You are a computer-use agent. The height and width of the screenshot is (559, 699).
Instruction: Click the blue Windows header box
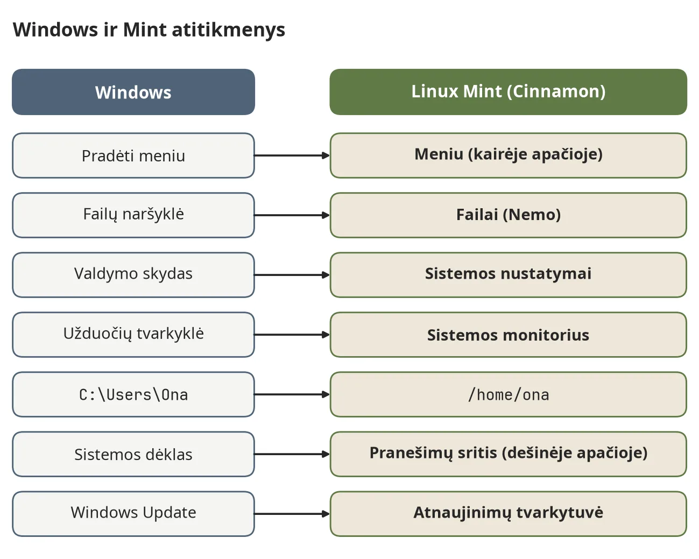(133, 92)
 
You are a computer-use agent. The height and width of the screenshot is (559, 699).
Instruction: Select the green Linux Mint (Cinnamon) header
(509, 92)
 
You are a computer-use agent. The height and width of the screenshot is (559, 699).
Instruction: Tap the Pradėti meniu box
(133, 155)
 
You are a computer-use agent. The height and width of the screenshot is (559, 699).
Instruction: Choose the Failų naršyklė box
(133, 215)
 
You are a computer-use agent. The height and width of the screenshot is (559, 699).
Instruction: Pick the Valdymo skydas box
(133, 275)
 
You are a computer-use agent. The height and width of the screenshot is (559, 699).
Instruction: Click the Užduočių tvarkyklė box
(133, 335)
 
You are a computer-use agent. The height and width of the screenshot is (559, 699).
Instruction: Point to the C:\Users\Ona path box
(133, 395)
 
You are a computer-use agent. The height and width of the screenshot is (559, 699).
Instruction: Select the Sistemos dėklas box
(133, 455)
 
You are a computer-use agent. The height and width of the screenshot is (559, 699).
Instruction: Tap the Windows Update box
(133, 514)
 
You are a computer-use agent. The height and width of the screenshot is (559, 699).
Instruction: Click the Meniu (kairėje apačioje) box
(509, 155)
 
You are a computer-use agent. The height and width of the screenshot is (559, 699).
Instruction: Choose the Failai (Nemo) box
(509, 215)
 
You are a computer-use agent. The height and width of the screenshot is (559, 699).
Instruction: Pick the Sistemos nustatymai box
(509, 275)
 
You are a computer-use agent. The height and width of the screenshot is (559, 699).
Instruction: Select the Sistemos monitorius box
(509, 335)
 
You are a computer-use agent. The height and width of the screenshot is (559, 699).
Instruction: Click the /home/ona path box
(509, 395)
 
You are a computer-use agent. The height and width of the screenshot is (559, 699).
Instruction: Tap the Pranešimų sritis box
(509, 455)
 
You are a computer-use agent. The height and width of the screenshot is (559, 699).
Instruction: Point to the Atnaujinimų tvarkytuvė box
(509, 514)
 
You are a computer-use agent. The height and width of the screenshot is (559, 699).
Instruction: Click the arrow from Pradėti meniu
(292, 155)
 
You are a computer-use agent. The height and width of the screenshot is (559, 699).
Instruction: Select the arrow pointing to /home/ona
(292, 395)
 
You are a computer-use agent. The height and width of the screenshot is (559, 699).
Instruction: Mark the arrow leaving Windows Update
(292, 514)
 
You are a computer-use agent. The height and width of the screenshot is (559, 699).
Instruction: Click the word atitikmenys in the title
(228, 30)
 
